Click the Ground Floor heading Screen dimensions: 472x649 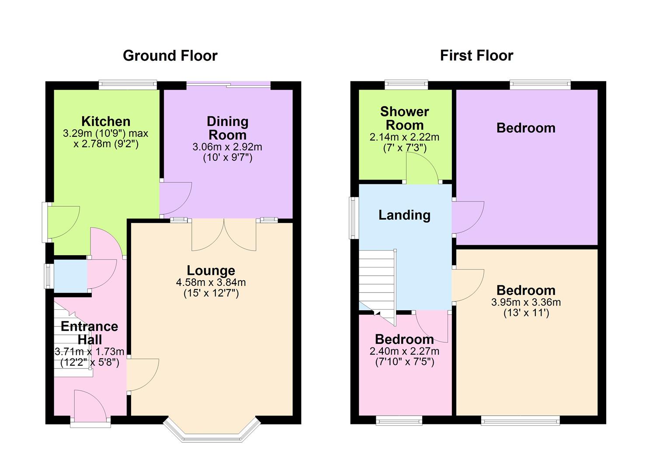(170, 56)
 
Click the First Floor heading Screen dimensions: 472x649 (476, 56)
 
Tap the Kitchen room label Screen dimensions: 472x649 (106, 121)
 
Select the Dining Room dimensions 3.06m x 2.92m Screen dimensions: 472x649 (227, 147)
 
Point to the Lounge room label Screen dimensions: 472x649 (211, 271)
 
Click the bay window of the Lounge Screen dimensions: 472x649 (212, 433)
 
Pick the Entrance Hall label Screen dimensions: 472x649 (90, 333)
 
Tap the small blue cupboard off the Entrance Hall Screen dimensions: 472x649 (70, 276)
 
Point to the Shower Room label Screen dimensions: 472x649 (405, 118)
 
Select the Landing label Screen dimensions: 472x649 (404, 215)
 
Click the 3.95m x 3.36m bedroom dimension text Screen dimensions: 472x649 (526, 302)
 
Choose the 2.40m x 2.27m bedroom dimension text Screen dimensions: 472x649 (404, 351)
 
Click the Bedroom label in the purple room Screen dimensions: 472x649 (526, 128)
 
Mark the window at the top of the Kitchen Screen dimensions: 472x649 (128, 85)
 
